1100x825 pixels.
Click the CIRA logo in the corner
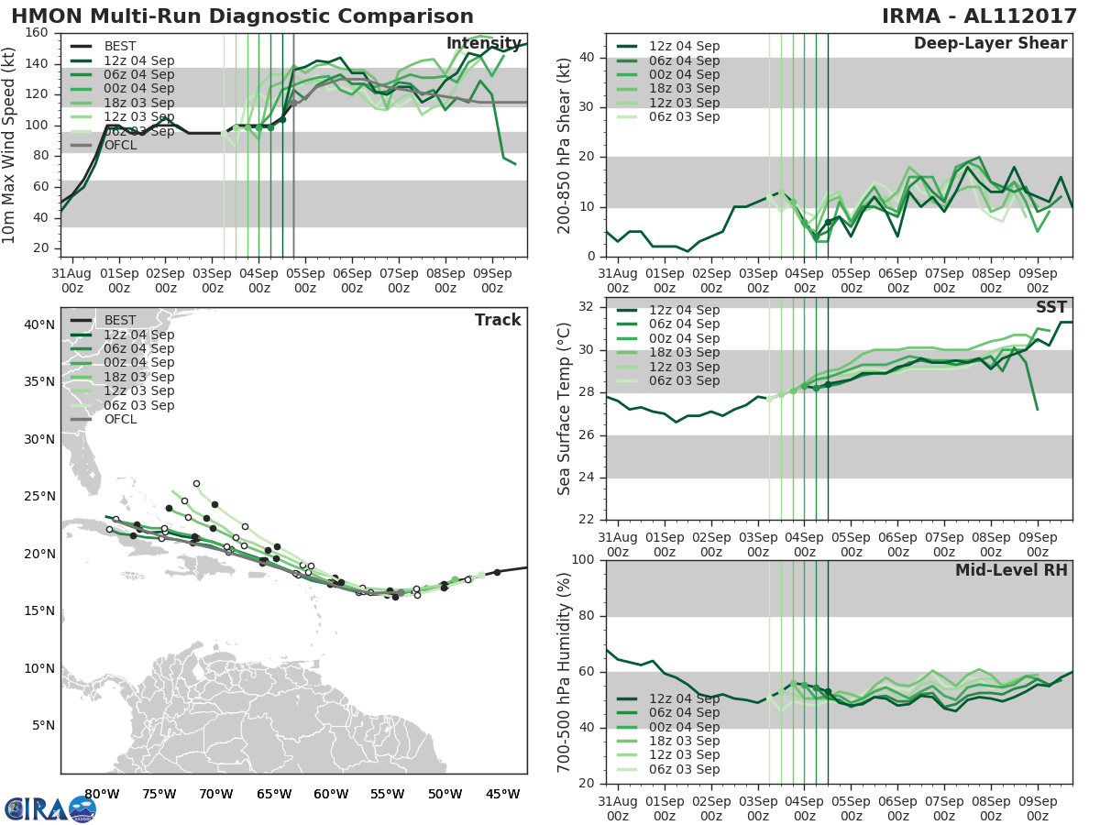pyautogui.click(x=49, y=808)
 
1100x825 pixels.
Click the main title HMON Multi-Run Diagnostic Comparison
pyautogui.click(x=242, y=16)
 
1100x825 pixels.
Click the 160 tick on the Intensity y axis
pyautogui.click(x=38, y=33)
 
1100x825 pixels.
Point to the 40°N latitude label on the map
pyautogui.click(x=38, y=324)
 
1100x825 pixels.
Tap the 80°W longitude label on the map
pyautogui.click(x=101, y=794)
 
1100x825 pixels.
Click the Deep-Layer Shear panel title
pyautogui.click(x=990, y=44)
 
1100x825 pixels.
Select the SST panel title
pyautogui.click(x=1050, y=308)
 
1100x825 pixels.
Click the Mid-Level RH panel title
pyautogui.click(x=1011, y=571)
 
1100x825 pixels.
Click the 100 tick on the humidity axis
pyautogui.click(x=580, y=560)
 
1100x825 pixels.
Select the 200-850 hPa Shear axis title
pyautogui.click(x=564, y=145)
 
